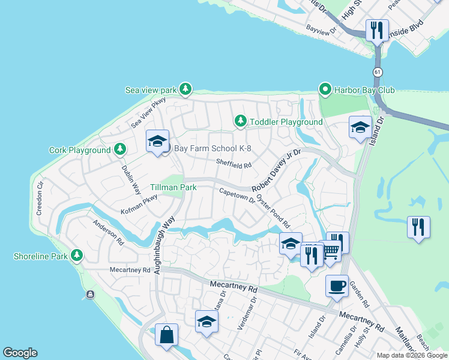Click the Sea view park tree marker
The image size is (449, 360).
coord(185,90)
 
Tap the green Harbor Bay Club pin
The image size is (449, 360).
coord(325,90)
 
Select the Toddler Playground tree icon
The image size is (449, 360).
coord(241,122)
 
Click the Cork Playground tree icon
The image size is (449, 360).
coord(120,149)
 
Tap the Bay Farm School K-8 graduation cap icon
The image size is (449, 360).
coord(157,142)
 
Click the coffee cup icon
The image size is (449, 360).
coord(337,285)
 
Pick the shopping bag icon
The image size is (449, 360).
coord(166,334)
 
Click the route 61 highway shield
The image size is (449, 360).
coord(377,72)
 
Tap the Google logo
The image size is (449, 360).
coord(20,353)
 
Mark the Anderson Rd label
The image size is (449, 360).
coord(107,233)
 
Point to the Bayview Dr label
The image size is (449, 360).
coord(322,29)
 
